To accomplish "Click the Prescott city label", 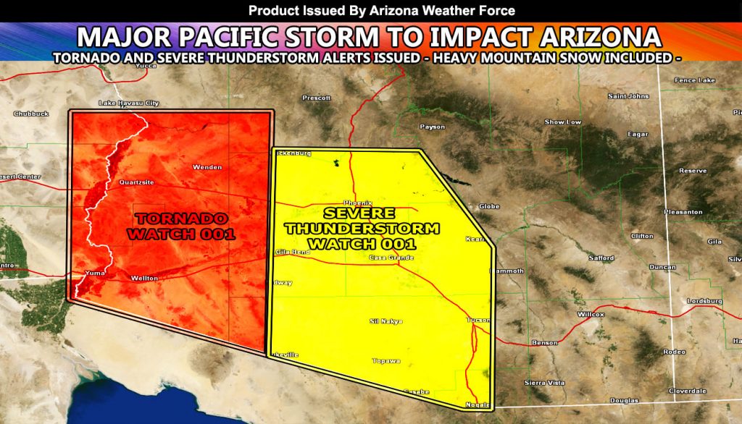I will pos(317,98).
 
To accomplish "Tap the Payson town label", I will pos(433,127).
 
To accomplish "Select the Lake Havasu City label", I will pos(128,103).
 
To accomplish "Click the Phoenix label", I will pos(357,203).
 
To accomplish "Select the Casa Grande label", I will pos(391,258).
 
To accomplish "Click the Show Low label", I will pos(563,122).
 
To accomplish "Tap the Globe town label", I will pos(490,206).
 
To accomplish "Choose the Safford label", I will pos(601,258).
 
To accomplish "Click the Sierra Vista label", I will pos(544,382).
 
